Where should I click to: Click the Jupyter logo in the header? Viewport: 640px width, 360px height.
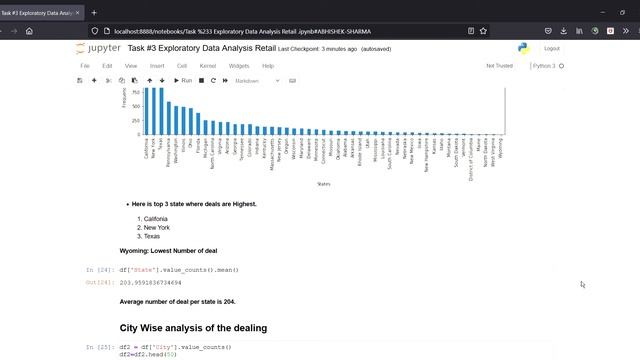pyautogui.click(x=96, y=48)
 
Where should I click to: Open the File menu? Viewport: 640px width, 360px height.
pyautogui.click(x=85, y=66)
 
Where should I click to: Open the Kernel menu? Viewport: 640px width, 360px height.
pyautogui.click(x=207, y=66)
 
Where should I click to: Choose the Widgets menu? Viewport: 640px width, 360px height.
pyautogui.click(x=239, y=66)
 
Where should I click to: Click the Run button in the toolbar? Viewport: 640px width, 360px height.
pyautogui.click(x=182, y=80)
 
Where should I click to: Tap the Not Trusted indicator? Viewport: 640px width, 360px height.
pyautogui.click(x=499, y=66)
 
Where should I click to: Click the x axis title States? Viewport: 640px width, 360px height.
pyautogui.click(x=323, y=184)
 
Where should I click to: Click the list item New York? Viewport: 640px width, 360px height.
pyautogui.click(x=156, y=228)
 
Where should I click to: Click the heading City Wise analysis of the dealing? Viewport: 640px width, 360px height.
pyautogui.click(x=193, y=327)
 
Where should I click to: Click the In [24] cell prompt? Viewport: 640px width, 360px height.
pyautogui.click(x=97, y=270)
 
